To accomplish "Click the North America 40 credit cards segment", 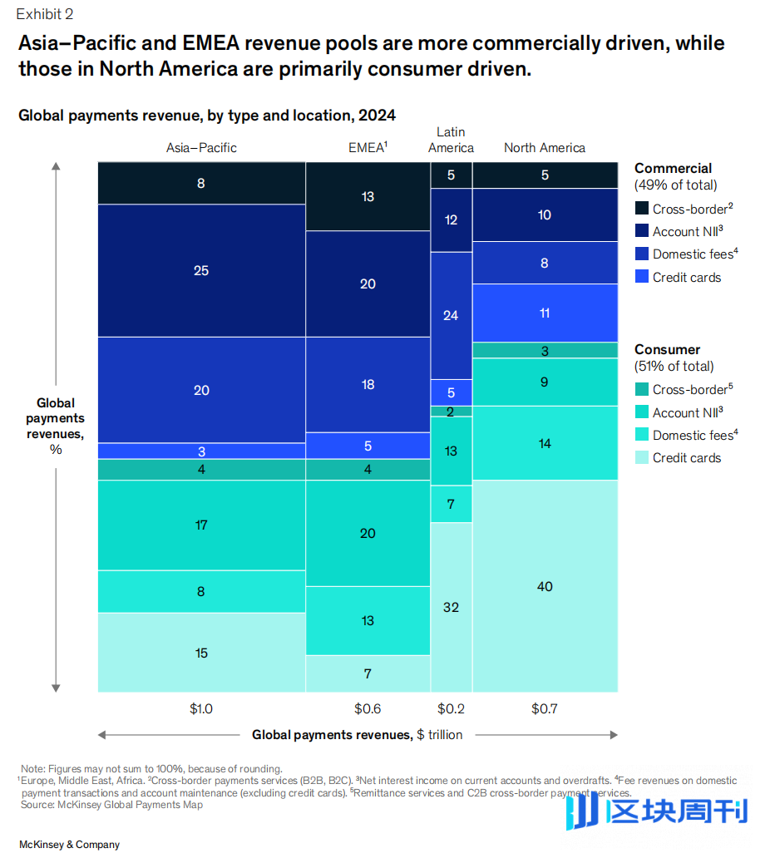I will pos(545,586).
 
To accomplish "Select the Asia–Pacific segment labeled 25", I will pos(201,270).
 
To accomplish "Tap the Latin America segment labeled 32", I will pos(451,607).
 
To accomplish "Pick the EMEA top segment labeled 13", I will pos(368,196).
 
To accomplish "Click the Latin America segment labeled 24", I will pos(451,315).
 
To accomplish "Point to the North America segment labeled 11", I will pos(545,313).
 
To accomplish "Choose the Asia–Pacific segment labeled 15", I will pos(201,653).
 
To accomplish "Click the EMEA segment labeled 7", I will pos(368,673).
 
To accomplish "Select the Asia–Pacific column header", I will pos(201,148).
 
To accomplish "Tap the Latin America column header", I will pos(451,140).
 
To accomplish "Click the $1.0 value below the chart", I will pos(201,709).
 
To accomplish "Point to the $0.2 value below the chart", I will pos(451,709).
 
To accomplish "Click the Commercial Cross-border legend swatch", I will pos(642,209).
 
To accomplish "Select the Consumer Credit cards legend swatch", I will pos(642,457).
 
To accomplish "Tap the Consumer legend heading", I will pos(667,350).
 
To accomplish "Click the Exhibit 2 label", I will pos(44,14).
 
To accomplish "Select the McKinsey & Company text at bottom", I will pos(69,845).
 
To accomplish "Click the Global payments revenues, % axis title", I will pos(56,427).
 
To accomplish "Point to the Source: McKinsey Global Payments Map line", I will pos(111,805).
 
